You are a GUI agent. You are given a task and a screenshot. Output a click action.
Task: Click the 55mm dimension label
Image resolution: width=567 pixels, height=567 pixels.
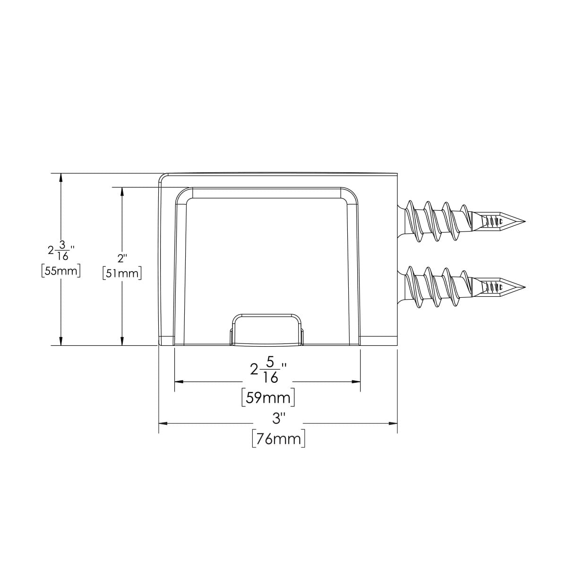point(61,271)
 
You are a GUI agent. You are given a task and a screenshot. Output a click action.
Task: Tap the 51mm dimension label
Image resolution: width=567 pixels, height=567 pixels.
point(122,274)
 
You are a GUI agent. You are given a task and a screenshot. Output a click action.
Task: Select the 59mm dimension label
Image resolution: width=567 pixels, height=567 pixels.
point(268,398)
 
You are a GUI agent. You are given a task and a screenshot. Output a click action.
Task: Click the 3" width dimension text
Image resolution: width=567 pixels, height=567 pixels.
point(278,419)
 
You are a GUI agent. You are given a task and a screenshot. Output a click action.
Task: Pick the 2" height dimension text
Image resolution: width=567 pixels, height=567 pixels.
point(122,258)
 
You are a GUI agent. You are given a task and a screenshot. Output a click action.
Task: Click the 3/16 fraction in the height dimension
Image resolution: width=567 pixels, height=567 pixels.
point(63,251)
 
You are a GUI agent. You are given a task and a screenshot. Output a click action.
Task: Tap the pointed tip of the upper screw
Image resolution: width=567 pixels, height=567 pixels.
point(525,222)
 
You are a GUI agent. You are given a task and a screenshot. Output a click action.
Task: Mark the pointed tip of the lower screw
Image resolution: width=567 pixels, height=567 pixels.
point(525,287)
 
